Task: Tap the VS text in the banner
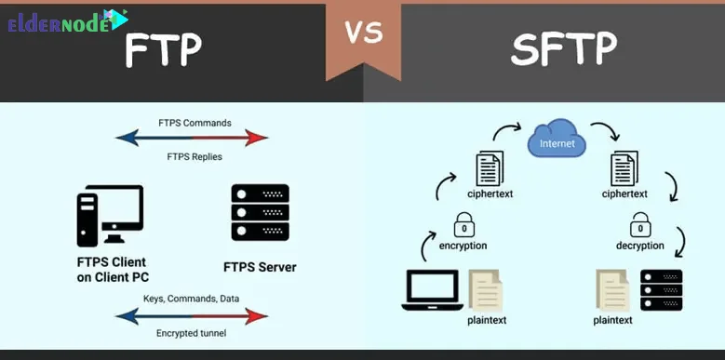pyautogui.click(x=364, y=33)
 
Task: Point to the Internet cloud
pyautogui.click(x=557, y=143)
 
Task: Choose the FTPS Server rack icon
pyautogui.click(x=260, y=213)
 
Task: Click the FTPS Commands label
pyautogui.click(x=195, y=122)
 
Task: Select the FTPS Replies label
pyautogui.click(x=195, y=156)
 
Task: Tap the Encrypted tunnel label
pyautogui.click(x=195, y=332)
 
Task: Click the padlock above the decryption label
pyautogui.click(x=639, y=226)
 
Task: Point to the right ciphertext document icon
pyautogui.click(x=623, y=169)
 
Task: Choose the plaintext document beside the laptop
pyautogui.click(x=484, y=289)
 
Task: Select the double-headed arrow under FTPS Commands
pyautogui.click(x=192, y=139)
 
